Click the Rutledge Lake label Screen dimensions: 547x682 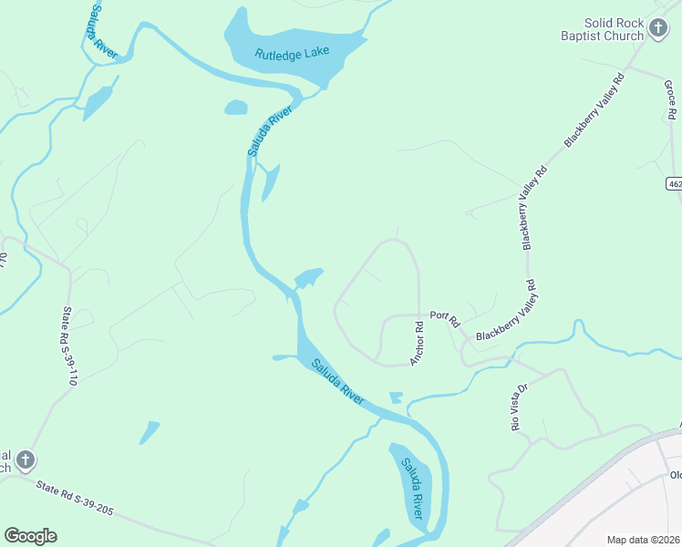[292, 53]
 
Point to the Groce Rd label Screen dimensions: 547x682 [669, 101]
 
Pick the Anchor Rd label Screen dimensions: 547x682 [417, 343]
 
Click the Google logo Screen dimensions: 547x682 [30, 536]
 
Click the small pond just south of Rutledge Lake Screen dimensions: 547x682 [235, 108]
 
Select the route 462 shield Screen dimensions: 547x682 [674, 183]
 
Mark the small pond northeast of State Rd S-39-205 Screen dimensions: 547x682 [150, 430]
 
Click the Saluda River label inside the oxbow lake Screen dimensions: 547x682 [413, 489]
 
